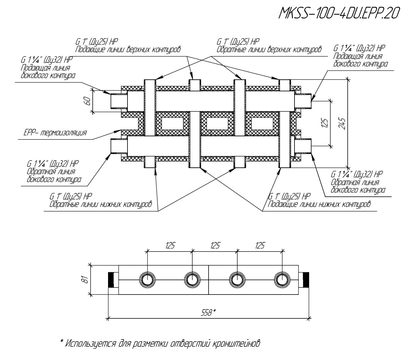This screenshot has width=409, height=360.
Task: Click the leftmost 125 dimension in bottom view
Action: (170, 245)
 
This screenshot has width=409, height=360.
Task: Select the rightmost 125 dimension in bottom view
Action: (260, 245)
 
